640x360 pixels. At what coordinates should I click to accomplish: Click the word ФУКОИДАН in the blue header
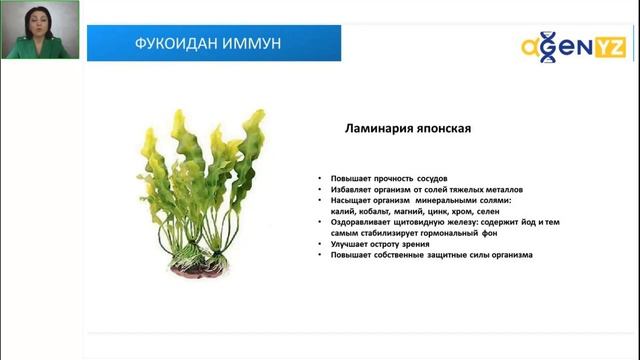171,44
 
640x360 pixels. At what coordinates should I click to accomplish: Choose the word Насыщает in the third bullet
349,200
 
